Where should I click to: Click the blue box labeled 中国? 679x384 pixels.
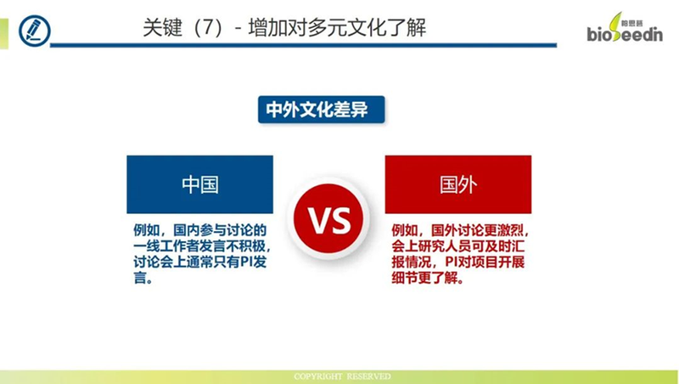tap(199, 184)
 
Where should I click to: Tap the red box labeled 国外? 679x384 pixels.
tap(457, 184)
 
